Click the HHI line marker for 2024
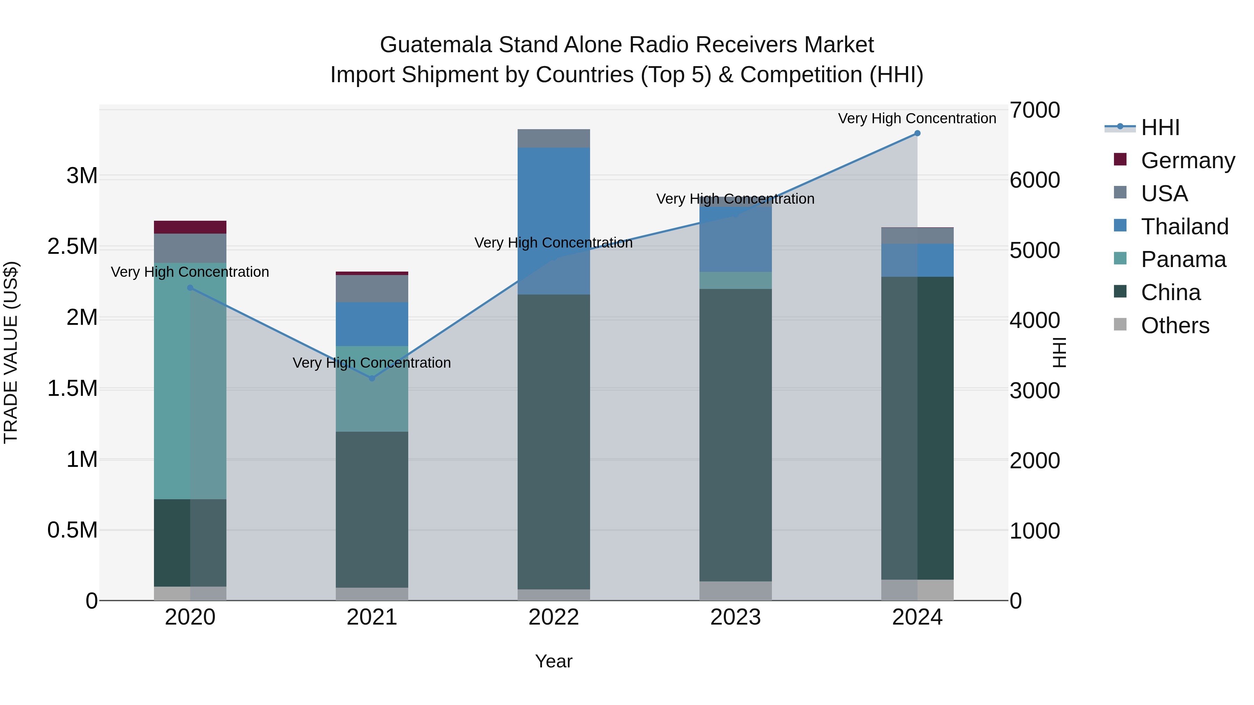tap(917, 133)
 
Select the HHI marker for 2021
tap(372, 378)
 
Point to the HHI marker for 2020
tap(190, 288)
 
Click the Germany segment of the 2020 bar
tap(190, 227)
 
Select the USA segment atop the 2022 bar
tap(554, 138)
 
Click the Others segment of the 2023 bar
tap(736, 591)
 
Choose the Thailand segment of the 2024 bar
tap(917, 260)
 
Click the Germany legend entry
tap(1187, 160)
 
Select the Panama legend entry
tap(1183, 260)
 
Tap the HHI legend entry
tap(1160, 127)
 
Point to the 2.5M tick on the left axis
tap(72, 247)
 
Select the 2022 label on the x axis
tap(554, 617)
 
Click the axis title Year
tap(554, 661)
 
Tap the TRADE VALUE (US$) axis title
tap(11, 353)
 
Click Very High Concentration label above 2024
tap(917, 118)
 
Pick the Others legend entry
tap(1174, 326)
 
